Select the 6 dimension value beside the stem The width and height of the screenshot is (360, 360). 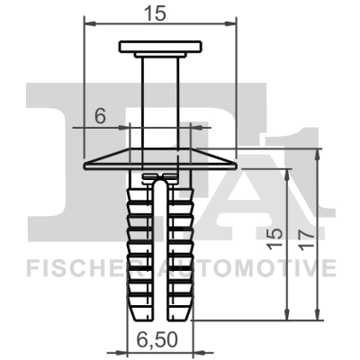coord(101,114)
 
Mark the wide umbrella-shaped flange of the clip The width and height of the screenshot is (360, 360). coord(158,162)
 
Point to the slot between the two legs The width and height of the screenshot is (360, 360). coord(158,252)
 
